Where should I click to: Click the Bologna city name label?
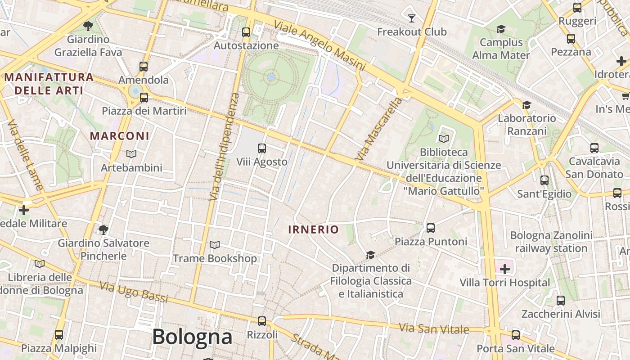coord(192,337)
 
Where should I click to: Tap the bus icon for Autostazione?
coord(246,32)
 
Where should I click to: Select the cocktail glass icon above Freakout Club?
coord(411,18)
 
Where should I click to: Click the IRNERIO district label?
coord(313,229)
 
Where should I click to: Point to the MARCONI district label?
coord(119,135)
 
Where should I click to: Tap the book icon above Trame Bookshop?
coord(215,245)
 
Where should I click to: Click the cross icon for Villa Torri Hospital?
coord(505,269)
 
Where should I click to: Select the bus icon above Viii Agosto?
coord(261,148)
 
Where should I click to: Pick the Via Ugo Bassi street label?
coord(134,292)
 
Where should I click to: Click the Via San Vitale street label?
coord(434,328)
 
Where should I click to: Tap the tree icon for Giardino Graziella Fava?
coord(88,26)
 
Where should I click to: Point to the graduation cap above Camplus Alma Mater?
coord(501,29)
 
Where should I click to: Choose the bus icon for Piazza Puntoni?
coord(431,228)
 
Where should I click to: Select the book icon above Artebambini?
coord(131,154)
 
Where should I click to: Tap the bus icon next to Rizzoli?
coord(262,321)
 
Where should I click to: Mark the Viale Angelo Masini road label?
coord(319,46)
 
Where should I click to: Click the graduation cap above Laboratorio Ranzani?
coord(526,105)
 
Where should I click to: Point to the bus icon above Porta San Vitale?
coord(516,335)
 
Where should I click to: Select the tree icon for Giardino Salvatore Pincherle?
coord(103,230)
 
